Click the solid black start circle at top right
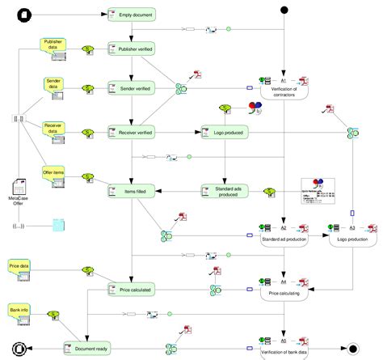[284, 10]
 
